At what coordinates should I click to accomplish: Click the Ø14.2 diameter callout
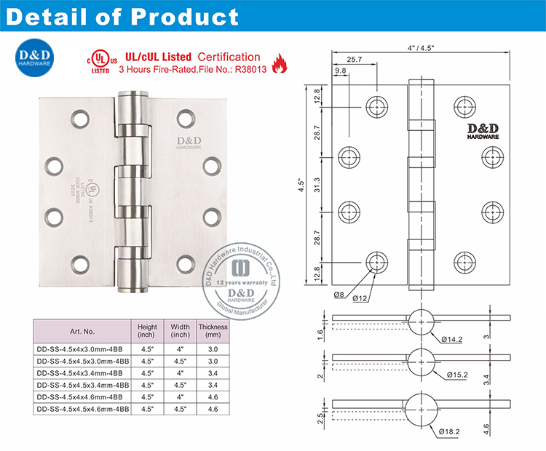pos(452,338)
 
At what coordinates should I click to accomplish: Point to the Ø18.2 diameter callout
pos(451,431)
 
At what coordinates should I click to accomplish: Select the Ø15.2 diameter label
pos(452,374)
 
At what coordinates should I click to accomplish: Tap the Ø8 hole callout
pos(339,294)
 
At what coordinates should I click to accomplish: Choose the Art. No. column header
pos(83,332)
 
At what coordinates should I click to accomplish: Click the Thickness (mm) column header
pos(213,331)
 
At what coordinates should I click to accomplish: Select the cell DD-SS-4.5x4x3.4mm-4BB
pos(81,373)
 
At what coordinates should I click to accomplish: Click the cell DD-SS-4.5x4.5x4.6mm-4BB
pos(83,410)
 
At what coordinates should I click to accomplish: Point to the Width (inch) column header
pos(180,331)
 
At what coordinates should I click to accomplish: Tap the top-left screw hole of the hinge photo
pos(79,115)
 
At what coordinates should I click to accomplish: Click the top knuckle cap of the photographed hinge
pos(132,97)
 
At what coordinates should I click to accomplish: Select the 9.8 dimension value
pos(341,71)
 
